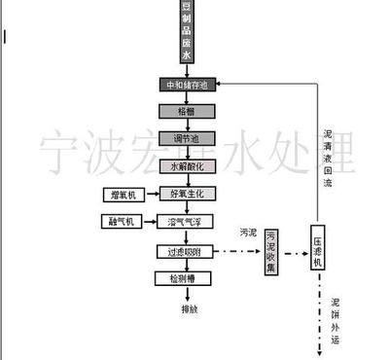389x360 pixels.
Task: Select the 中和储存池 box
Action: click(x=187, y=85)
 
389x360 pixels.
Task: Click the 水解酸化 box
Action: click(x=187, y=166)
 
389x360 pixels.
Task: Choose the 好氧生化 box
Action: click(x=187, y=195)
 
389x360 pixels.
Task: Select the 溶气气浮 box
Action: click(x=187, y=223)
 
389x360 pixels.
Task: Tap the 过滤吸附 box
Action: click(x=187, y=251)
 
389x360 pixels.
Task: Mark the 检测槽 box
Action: click(x=187, y=278)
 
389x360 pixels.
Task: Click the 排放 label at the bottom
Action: click(x=188, y=310)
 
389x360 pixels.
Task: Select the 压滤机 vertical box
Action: click(x=318, y=251)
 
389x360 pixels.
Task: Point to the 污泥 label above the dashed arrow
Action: click(x=249, y=233)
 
